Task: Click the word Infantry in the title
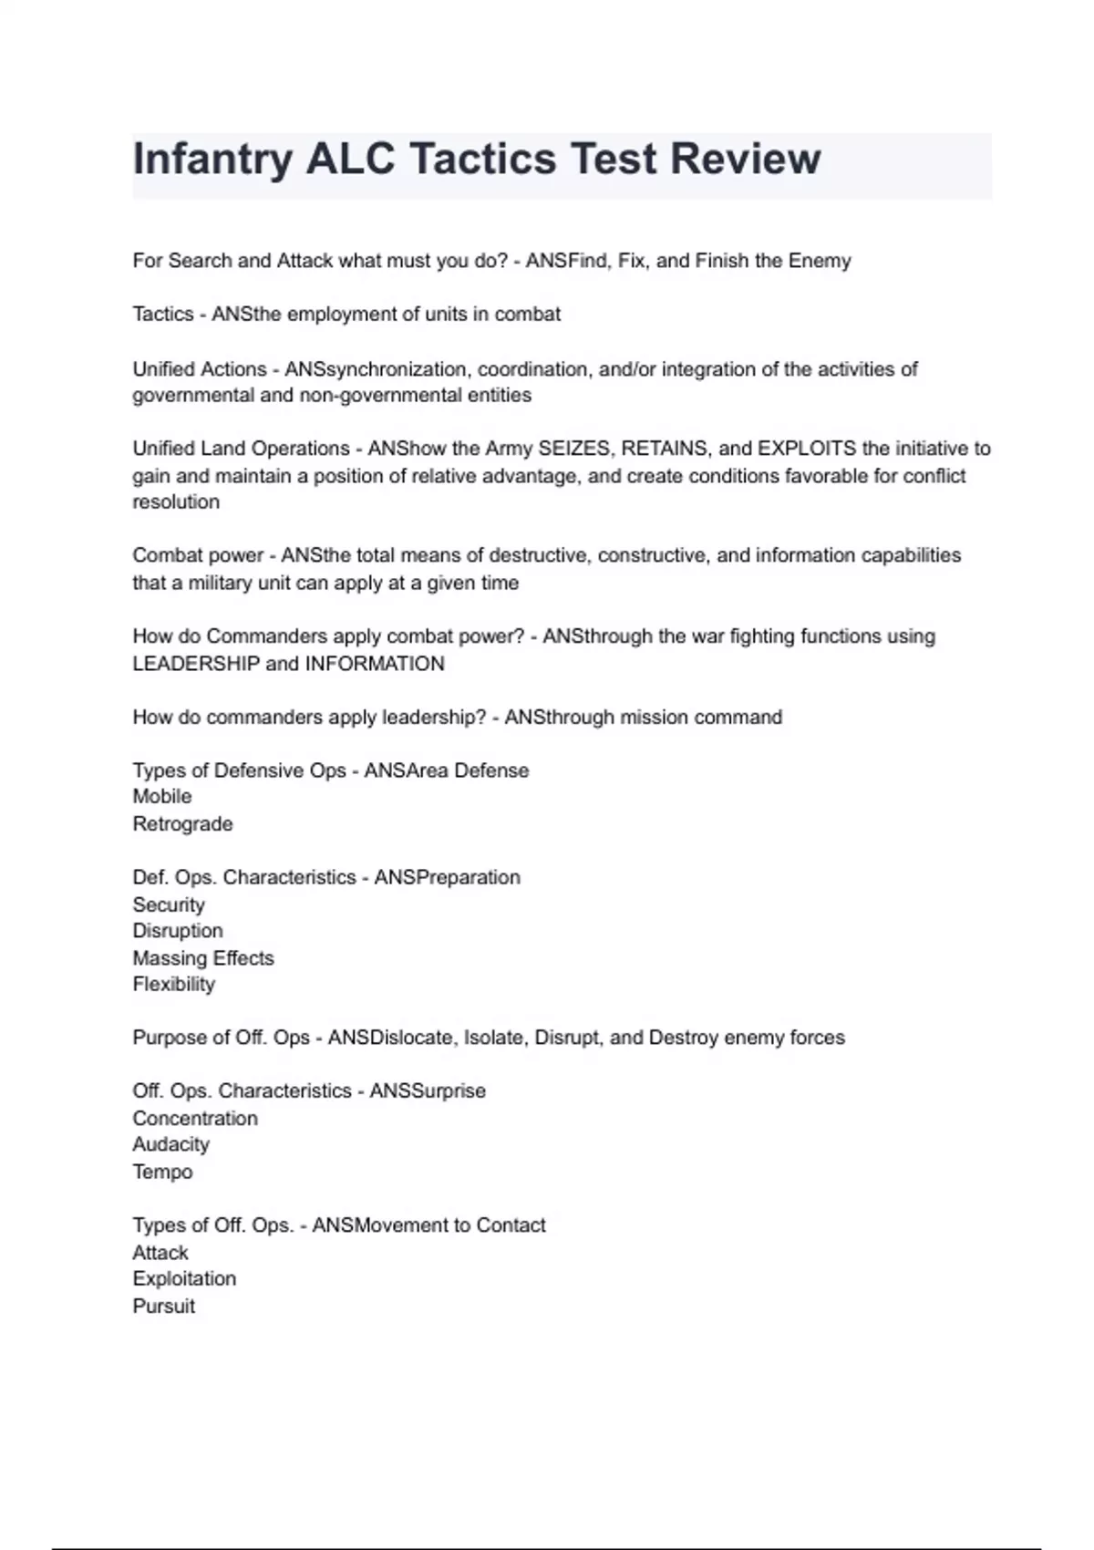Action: [212, 160]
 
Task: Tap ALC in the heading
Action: [350, 160]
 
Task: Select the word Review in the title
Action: [746, 160]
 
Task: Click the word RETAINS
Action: [665, 449]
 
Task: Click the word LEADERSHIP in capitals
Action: [196, 664]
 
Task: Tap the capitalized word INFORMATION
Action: [375, 664]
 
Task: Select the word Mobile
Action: [162, 797]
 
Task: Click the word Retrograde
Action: [182, 824]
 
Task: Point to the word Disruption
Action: [178, 931]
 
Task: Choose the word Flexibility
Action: [174, 985]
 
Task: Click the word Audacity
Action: [171, 1144]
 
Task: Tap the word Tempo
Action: [162, 1172]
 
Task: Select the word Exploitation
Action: [184, 1279]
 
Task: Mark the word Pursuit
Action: [164, 1307]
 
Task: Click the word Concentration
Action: [195, 1119]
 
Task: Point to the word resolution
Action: [176, 502]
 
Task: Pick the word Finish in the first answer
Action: [722, 261]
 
